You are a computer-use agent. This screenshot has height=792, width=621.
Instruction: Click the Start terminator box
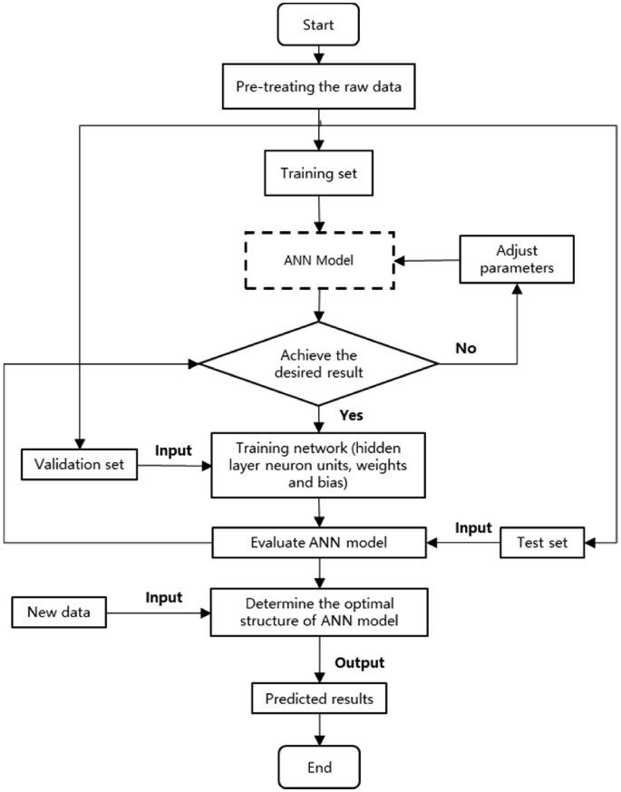click(319, 26)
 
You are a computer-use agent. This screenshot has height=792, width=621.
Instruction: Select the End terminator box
click(319, 767)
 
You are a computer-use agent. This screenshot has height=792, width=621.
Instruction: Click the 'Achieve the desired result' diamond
click(318, 364)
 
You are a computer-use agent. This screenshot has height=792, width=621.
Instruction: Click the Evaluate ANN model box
click(318, 544)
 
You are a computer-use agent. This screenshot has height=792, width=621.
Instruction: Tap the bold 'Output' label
click(359, 663)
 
